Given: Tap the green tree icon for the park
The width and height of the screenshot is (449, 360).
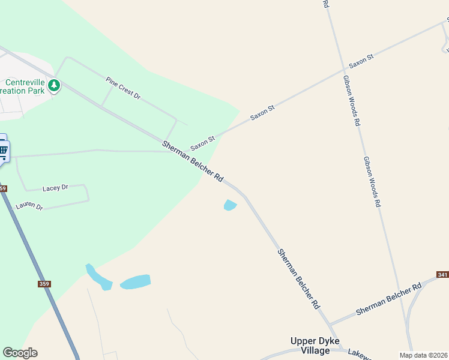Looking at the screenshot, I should (x=54, y=85).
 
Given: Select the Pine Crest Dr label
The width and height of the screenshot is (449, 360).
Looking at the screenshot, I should (x=122, y=88).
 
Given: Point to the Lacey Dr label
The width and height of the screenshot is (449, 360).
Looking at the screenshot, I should (x=55, y=188).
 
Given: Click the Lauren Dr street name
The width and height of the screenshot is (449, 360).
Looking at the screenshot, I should (x=29, y=206).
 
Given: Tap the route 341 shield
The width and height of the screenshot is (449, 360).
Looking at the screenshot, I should (x=443, y=274).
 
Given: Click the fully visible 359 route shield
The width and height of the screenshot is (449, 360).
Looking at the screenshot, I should (x=44, y=284).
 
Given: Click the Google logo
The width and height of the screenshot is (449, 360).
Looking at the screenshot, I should (x=20, y=353).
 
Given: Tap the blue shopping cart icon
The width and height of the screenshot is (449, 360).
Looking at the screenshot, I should (x=3, y=151).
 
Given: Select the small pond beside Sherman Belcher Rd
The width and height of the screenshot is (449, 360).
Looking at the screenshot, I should (x=230, y=205).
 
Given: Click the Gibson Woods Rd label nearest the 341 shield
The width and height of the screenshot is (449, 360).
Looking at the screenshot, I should (x=372, y=181).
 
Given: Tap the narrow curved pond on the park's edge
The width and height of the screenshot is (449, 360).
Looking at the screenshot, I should (x=98, y=277).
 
